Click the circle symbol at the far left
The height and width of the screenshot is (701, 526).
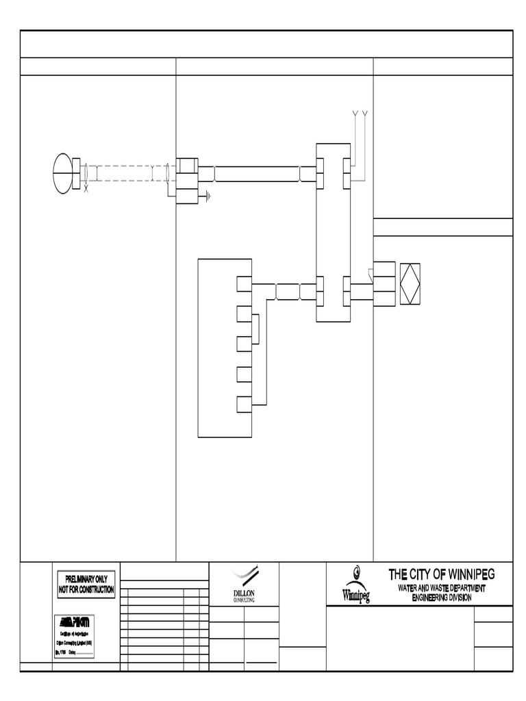tap(64, 172)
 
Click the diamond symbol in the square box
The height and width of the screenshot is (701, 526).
tap(410, 283)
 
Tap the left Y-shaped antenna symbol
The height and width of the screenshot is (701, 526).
tap(354, 113)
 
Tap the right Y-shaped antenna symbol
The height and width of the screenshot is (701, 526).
tap(365, 113)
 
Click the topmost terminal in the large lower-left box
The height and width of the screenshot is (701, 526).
tap(244, 283)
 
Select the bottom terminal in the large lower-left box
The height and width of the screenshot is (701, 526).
tap(244, 404)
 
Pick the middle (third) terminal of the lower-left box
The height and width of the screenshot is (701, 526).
tap(244, 344)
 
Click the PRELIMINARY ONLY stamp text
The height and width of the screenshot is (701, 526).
tap(86, 580)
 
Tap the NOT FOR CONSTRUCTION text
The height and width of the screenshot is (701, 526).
tap(86, 589)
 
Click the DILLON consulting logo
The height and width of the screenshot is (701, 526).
tap(244, 583)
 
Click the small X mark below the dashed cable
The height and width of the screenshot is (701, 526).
tap(86, 188)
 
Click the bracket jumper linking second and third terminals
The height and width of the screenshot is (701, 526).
tap(255, 329)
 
